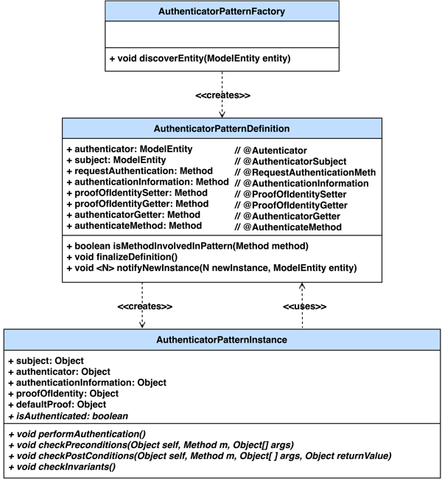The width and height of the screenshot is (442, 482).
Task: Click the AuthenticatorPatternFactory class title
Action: click(222, 13)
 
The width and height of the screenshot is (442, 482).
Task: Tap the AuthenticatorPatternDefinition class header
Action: click(222, 128)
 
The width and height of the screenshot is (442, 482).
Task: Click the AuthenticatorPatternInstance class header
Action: click(222, 340)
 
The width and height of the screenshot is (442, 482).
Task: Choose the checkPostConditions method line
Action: click(198, 456)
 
